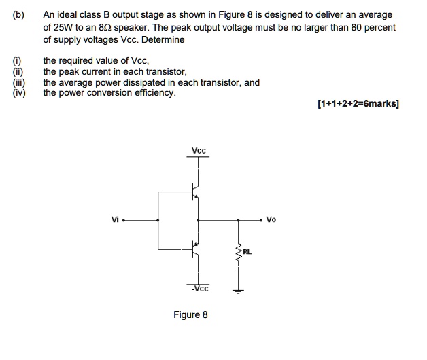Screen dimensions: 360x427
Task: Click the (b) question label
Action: click(x=16, y=14)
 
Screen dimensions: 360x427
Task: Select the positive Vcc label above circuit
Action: click(x=199, y=150)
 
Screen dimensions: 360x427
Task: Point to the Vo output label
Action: click(x=271, y=219)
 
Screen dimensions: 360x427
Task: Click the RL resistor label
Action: click(x=247, y=252)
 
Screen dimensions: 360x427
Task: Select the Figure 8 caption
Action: click(x=190, y=315)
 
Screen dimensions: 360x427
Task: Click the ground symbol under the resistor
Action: click(x=239, y=292)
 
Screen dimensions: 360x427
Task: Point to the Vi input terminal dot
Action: click(x=124, y=220)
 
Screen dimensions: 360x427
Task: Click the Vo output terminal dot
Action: click(x=261, y=220)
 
